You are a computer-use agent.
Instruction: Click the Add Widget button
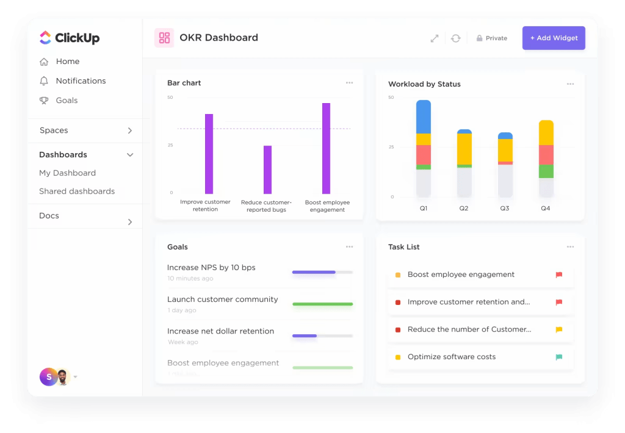pos(554,38)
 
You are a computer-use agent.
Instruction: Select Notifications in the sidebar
pos(81,81)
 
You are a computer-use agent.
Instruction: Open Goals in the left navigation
pos(67,100)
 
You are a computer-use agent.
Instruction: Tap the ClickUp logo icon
pos(45,38)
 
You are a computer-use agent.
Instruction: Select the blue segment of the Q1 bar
pos(424,116)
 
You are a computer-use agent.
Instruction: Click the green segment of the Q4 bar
pos(546,171)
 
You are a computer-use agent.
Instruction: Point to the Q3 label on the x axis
pos(505,209)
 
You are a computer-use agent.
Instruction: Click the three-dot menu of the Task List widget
pos(570,247)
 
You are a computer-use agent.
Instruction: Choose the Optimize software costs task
pos(451,357)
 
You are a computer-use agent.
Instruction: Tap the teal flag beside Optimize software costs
pos(558,357)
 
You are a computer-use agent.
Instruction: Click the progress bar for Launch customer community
pos(322,304)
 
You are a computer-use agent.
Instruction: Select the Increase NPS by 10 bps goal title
pos(211,267)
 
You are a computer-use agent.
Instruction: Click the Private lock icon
pos(479,38)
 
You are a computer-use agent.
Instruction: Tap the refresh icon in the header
pos(455,38)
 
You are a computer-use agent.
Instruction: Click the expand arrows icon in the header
pos(435,38)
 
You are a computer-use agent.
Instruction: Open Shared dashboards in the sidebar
pos(77,191)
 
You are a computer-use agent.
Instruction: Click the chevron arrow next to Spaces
pos(129,131)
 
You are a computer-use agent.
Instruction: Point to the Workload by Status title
pos(424,84)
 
